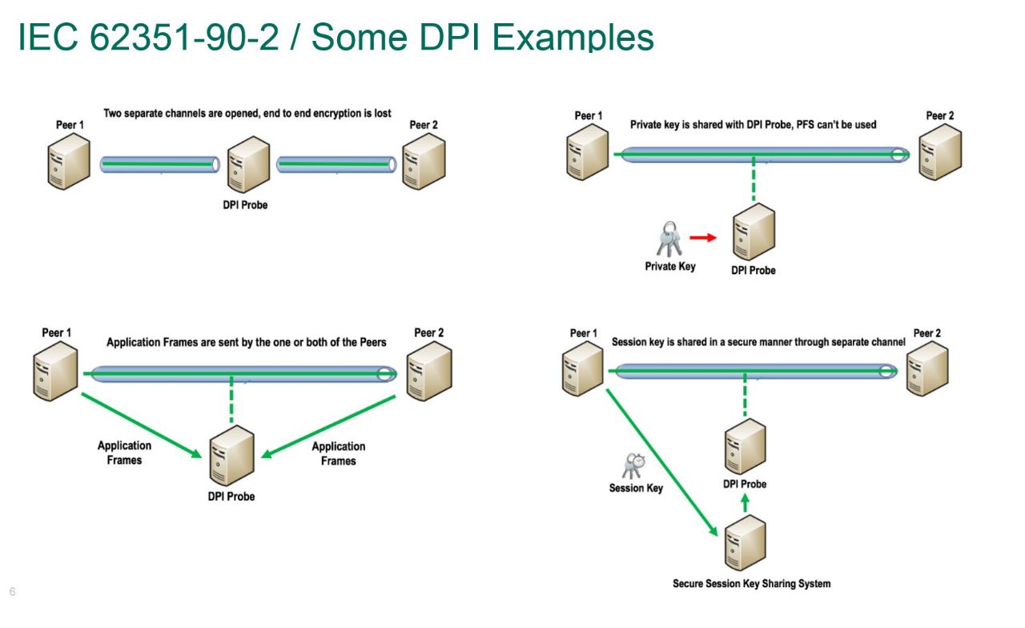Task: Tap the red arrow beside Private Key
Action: click(702, 238)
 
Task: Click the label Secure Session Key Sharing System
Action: click(751, 583)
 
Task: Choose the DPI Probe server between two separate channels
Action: click(247, 165)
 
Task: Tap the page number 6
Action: click(12, 592)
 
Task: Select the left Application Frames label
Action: click(124, 453)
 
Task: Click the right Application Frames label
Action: click(338, 453)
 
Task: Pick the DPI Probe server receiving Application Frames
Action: click(231, 457)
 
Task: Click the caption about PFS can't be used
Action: click(753, 124)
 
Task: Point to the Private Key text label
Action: click(670, 266)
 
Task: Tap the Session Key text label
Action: click(636, 488)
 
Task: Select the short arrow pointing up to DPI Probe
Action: click(746, 503)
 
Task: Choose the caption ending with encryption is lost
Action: click(247, 113)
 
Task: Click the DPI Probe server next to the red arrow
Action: click(754, 232)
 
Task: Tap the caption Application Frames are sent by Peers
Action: click(247, 342)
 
